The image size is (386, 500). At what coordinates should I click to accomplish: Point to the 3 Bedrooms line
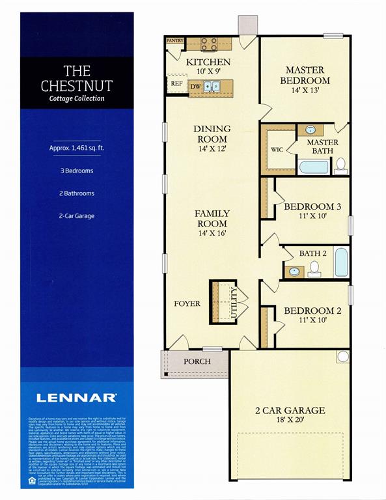pos(76,171)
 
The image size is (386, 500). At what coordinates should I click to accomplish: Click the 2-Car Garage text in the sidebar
pos(76,215)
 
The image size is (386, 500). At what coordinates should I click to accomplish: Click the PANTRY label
pos(175,40)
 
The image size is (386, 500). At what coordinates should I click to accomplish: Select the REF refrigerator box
pos(176,84)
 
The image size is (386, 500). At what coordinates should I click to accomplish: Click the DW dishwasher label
pos(195,86)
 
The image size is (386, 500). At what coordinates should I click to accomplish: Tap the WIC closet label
pos(277,149)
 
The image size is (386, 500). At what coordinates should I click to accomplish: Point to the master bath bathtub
pos(314,167)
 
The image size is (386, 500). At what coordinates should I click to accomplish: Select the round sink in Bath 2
pos(294,271)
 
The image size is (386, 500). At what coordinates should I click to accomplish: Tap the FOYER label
pos(187,303)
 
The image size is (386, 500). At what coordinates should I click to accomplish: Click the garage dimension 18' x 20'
pos(290,423)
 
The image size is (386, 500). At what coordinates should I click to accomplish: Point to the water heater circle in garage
pos(342,357)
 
